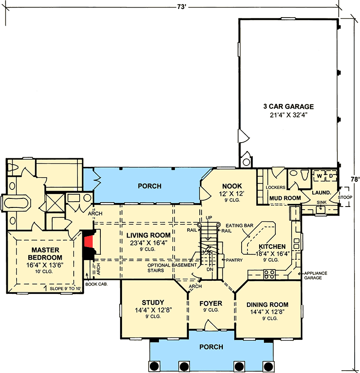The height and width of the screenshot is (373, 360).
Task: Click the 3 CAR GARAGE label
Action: click(288, 107)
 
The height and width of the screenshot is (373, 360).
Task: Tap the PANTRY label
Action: click(234, 260)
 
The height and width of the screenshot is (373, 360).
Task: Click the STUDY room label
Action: click(153, 302)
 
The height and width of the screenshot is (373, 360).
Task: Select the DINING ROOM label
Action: click(267, 305)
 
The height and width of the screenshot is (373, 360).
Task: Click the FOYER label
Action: click(211, 303)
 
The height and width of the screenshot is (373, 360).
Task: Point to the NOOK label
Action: click(232, 186)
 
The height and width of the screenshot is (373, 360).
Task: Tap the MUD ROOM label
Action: click(284, 198)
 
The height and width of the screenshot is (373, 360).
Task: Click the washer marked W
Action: click(319, 175)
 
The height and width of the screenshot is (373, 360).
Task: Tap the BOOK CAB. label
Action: click(99, 284)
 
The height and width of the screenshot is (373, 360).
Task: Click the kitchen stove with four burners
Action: click(269, 272)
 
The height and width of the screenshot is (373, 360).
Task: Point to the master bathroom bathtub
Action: click(15, 202)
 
